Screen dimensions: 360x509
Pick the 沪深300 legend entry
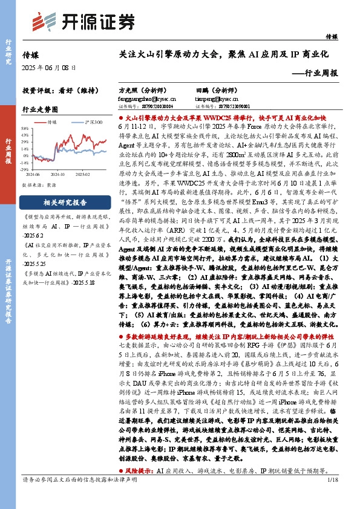tap(88, 122)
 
